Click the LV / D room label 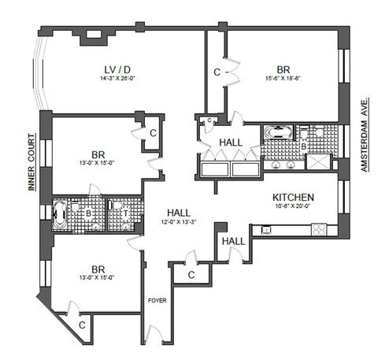pyautogui.click(x=117, y=70)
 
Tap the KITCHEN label pyautogui.click(x=293, y=197)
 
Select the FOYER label pyautogui.click(x=157, y=300)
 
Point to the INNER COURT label pyautogui.click(x=31, y=162)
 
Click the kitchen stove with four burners pyautogui.click(x=319, y=230)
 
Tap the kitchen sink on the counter pyautogui.click(x=266, y=230)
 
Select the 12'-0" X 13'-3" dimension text pyautogui.click(x=179, y=222)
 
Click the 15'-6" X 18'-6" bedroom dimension pyautogui.click(x=283, y=78)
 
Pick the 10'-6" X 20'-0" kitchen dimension pyautogui.click(x=293, y=206)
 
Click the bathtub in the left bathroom pyautogui.click(x=60, y=214)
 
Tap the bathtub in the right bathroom pyautogui.click(x=278, y=132)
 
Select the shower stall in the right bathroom pyautogui.click(x=318, y=162)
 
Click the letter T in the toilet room pyautogui.click(x=125, y=213)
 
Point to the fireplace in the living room pyautogui.click(x=94, y=36)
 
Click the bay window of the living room pyautogui.click(x=41, y=73)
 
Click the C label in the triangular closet pyautogui.click(x=82, y=325)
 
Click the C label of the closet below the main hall pyautogui.click(x=191, y=275)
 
